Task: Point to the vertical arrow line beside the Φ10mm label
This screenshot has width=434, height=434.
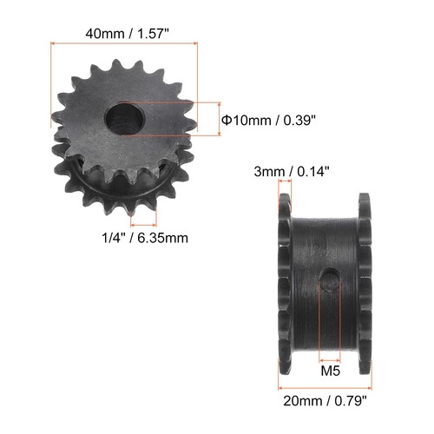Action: point(214,118)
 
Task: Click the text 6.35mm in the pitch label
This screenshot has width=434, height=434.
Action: point(162,235)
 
